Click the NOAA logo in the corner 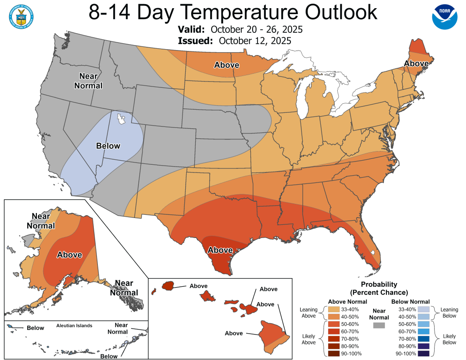pyautogui.click(x=444, y=17)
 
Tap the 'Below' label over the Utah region pyautogui.click(x=108, y=146)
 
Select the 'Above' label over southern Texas pyautogui.click(x=220, y=250)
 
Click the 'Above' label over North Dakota pyautogui.click(x=227, y=65)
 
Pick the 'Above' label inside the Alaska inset pyautogui.click(x=69, y=255)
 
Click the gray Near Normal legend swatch pyautogui.click(x=378, y=325)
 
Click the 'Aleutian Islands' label pyautogui.click(x=74, y=325)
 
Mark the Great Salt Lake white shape pyautogui.click(x=121, y=119)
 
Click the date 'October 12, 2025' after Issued pyautogui.click(x=255, y=41)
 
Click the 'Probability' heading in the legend pyautogui.click(x=379, y=284)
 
